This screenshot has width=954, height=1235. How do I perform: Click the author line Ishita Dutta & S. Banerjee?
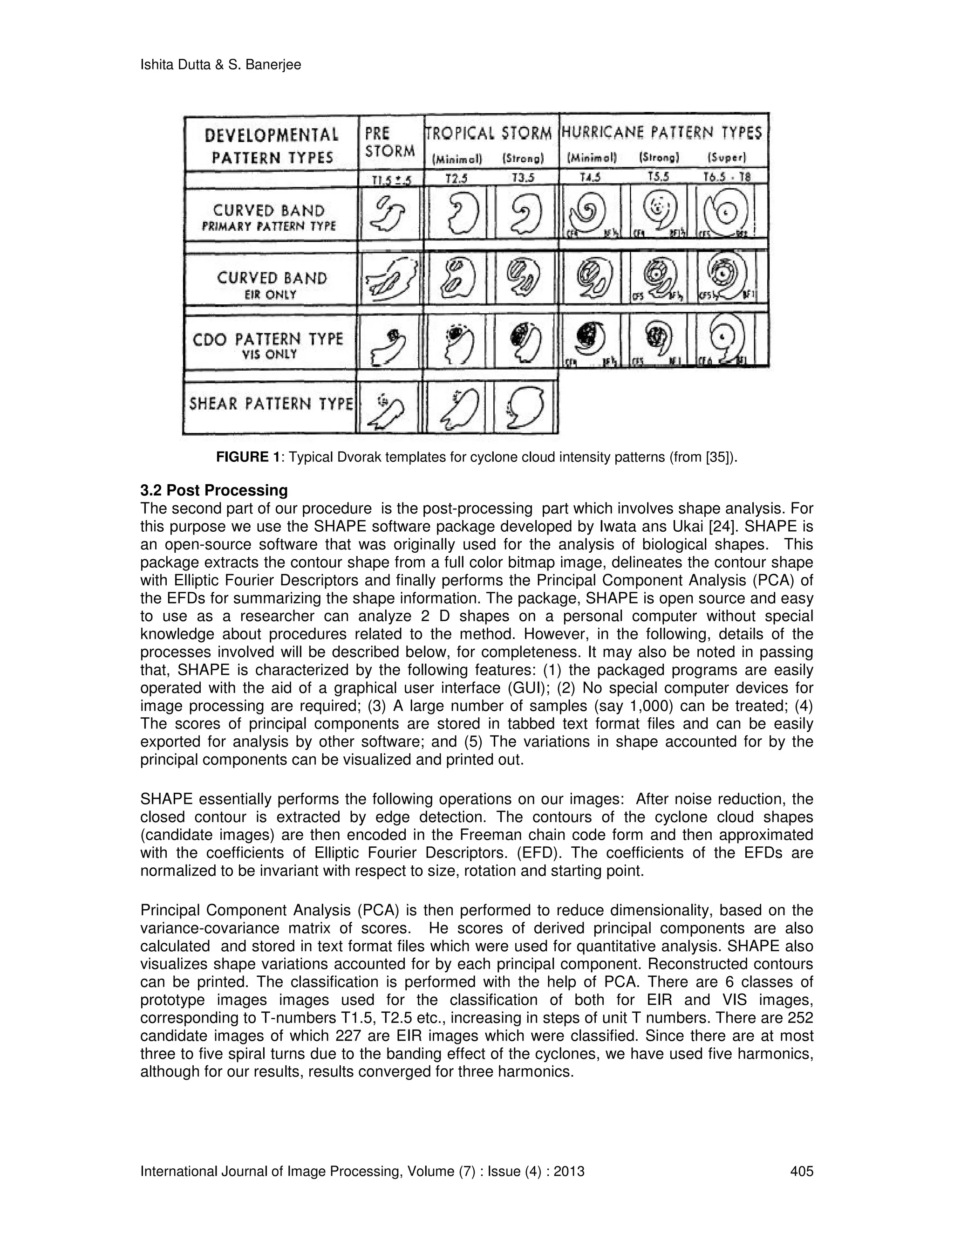pos(220,65)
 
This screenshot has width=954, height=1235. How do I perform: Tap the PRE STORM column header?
pos(389,142)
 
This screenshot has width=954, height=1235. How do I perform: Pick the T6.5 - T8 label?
pos(727,178)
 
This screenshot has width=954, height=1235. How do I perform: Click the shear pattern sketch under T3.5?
pos(525,406)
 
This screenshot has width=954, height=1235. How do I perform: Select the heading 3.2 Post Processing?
pos(214,490)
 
